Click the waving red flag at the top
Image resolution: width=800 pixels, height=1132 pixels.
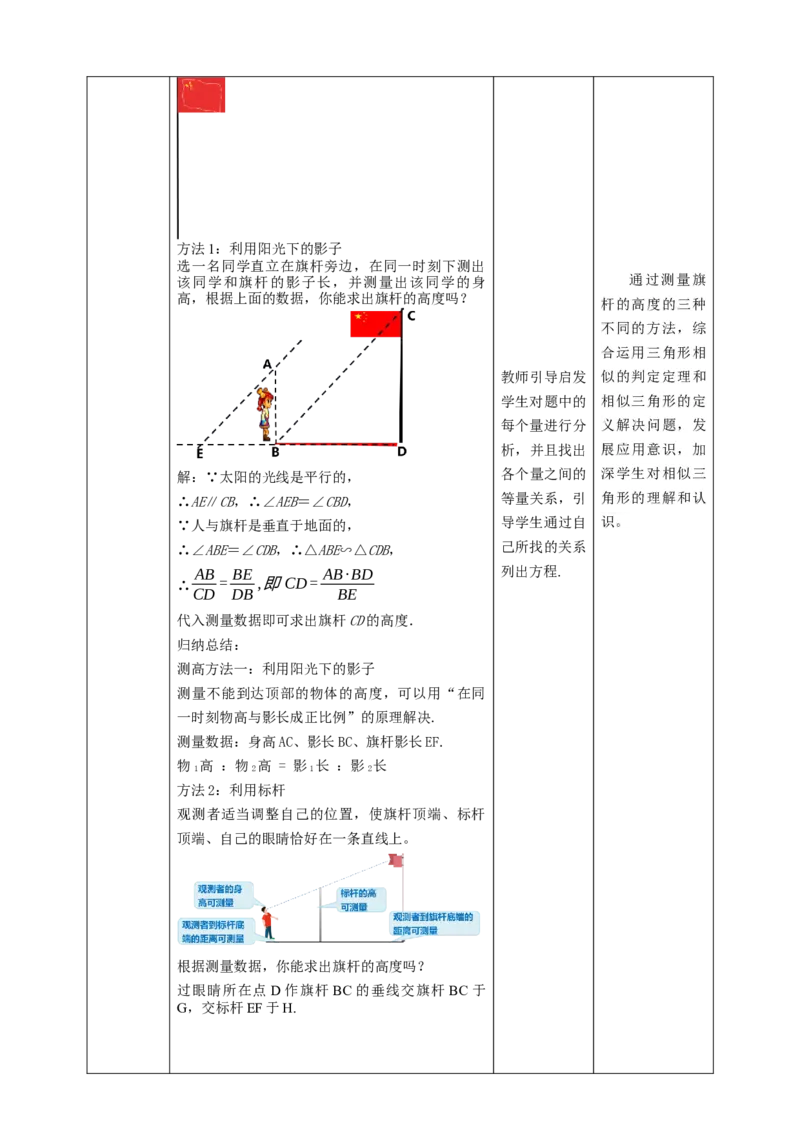[x=203, y=97]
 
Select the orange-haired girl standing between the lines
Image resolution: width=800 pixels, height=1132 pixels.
[x=265, y=410]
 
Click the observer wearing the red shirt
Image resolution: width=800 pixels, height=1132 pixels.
[x=267, y=921]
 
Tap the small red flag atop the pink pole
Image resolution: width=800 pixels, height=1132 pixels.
[x=395, y=859]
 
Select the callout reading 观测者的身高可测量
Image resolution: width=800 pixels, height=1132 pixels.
[x=223, y=895]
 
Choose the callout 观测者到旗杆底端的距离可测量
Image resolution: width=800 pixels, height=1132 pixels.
[x=436, y=923]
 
